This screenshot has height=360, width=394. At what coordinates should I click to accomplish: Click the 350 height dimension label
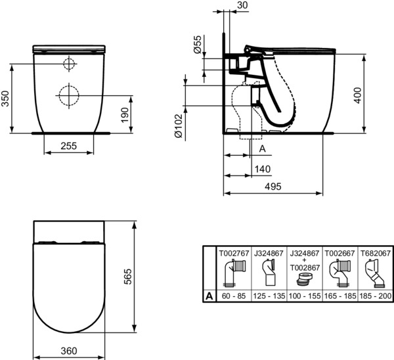pyautogui.click(x=5, y=99)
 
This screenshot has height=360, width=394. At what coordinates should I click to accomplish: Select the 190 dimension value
pyautogui.click(x=125, y=115)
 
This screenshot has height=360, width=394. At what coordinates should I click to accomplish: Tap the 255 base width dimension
pyautogui.click(x=68, y=146)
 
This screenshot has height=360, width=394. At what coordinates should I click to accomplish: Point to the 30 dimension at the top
pyautogui.click(x=242, y=5)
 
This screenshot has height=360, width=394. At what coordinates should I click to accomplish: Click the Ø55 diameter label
pyautogui.click(x=198, y=44)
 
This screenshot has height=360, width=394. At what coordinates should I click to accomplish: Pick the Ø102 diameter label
pyautogui.click(x=179, y=125)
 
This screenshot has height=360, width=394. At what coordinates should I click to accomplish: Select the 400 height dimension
pyautogui.click(x=358, y=95)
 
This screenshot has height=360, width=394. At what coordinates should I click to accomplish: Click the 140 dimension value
pyautogui.click(x=263, y=169)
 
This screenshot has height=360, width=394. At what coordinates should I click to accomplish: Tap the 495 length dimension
pyautogui.click(x=273, y=187)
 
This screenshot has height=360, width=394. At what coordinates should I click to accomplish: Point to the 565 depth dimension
pyautogui.click(x=128, y=277)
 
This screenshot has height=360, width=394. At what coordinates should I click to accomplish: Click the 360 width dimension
pyautogui.click(x=69, y=351)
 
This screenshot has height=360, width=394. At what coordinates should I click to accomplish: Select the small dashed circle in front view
pyautogui.click(x=70, y=64)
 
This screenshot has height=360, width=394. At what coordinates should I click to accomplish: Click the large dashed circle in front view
pyautogui.click(x=69, y=95)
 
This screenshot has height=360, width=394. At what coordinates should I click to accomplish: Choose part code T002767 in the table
pyautogui.click(x=234, y=253)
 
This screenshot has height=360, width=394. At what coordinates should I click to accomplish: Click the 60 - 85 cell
pyautogui.click(x=234, y=296)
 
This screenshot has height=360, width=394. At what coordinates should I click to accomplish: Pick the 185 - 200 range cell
pyautogui.click(x=376, y=296)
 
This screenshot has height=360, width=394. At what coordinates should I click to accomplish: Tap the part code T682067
pyautogui.click(x=376, y=253)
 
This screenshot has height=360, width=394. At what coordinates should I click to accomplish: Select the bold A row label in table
pyautogui.click(x=209, y=296)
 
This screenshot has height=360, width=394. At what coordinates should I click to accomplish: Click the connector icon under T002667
pyautogui.click(x=339, y=273)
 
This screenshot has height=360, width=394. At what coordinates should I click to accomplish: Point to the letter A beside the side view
pyautogui.click(x=262, y=149)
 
